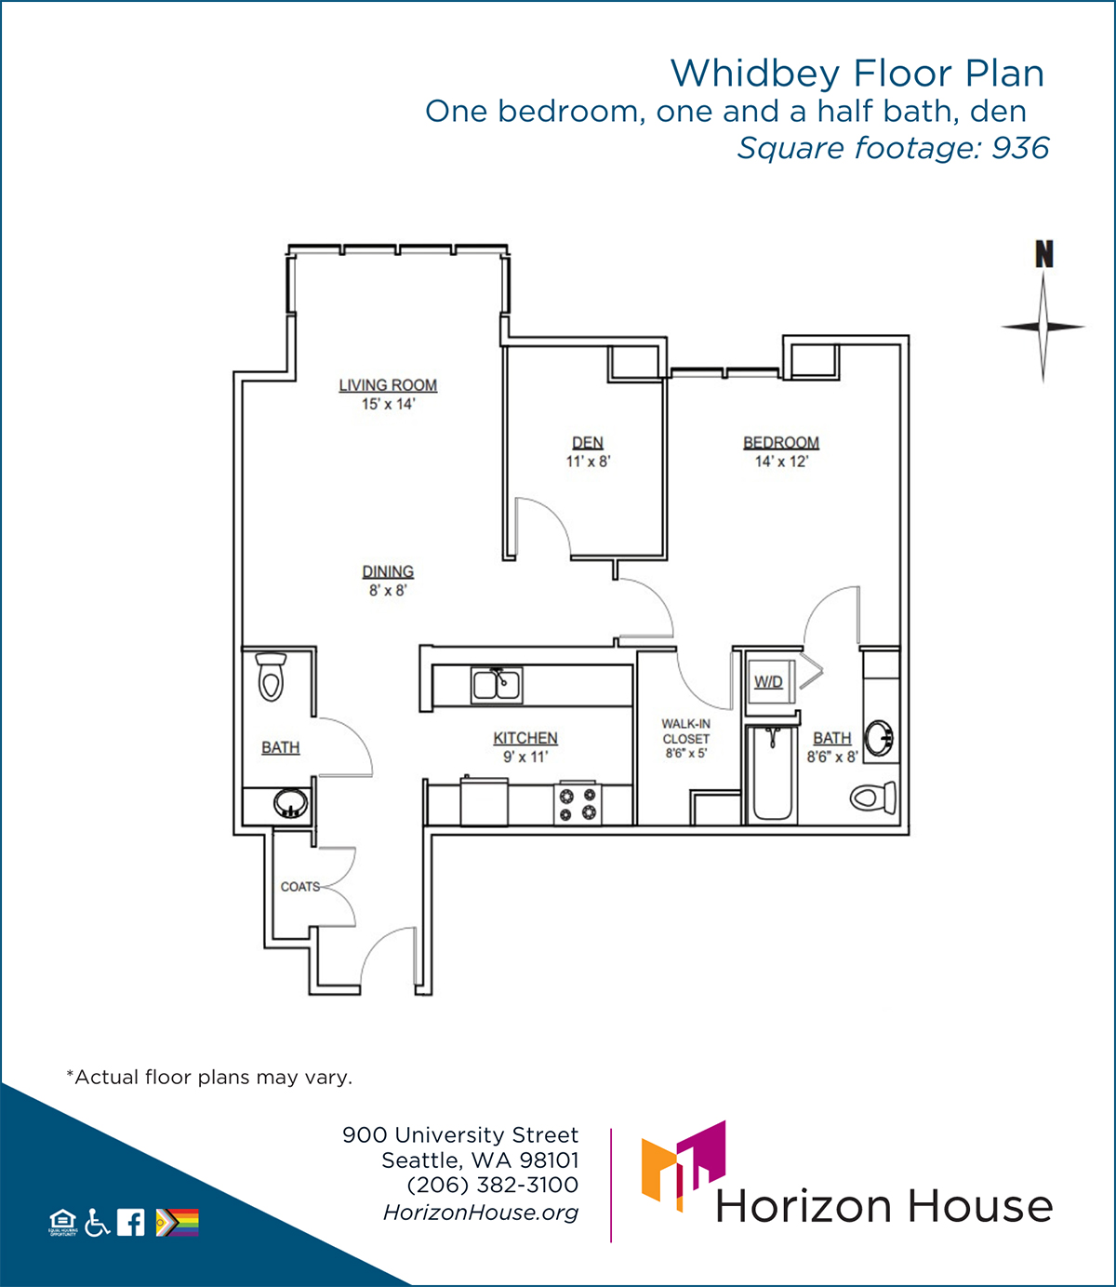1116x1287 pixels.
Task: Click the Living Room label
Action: (388, 385)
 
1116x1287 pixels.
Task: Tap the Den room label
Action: (588, 443)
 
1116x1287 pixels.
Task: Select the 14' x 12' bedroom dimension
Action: (781, 462)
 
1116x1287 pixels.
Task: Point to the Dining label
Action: (388, 571)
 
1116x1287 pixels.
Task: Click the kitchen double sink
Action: (497, 685)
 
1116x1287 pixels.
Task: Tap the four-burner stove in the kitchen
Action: (578, 803)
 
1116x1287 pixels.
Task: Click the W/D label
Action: (768, 682)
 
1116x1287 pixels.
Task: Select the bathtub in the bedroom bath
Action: (772, 774)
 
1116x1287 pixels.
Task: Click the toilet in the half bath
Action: (271, 677)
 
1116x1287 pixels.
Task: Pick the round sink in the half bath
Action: (290, 803)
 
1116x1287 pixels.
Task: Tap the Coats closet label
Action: (300, 887)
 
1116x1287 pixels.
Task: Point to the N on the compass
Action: (1043, 254)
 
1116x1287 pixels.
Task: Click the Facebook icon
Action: (131, 1222)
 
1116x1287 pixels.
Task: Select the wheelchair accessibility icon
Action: (97, 1222)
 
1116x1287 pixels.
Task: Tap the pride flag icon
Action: (178, 1222)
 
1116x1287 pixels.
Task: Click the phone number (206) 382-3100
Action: (493, 1185)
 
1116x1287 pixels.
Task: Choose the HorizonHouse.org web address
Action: (481, 1213)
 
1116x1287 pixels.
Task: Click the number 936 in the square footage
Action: (1020, 149)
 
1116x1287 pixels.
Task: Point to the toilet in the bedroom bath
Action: (873, 798)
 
